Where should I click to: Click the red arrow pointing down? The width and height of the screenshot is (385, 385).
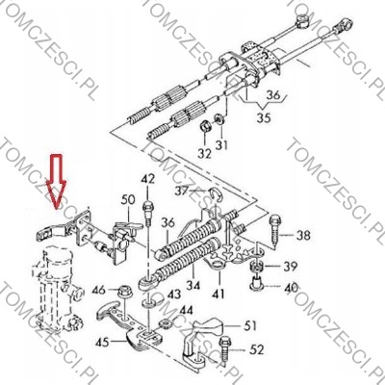coord(57,181)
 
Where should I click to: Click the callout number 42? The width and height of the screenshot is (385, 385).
coord(147,179)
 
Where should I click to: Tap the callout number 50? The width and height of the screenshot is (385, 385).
coord(128,200)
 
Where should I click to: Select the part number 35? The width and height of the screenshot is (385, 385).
coord(264,117)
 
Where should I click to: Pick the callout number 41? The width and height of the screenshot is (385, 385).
coord(219,294)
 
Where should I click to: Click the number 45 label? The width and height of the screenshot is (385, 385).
coord(102,343)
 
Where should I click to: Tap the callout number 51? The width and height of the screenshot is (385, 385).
coord(250,326)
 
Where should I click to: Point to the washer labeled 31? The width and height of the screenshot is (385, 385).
coord(219,118)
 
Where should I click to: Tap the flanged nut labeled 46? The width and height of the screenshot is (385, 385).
coord(123,292)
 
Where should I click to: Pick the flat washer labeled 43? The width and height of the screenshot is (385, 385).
coord(148,303)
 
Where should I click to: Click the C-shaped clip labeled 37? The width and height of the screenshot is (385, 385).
coord(218,193)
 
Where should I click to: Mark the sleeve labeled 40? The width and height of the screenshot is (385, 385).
coord(256,283)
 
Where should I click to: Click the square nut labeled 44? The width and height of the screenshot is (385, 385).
coord(165,323)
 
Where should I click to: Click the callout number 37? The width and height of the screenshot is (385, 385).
coord(182,192)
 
